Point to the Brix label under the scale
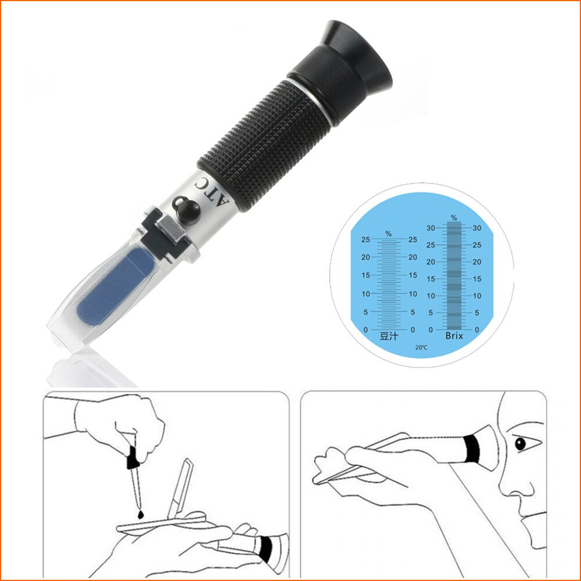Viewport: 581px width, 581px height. pyautogui.click(x=454, y=336)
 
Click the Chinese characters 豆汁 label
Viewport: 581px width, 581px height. pyautogui.click(x=388, y=336)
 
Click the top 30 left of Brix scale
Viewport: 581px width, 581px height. pyautogui.click(x=431, y=228)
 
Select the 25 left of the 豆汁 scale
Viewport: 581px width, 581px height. pyautogui.click(x=365, y=239)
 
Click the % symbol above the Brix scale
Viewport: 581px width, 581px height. pyautogui.click(x=454, y=218)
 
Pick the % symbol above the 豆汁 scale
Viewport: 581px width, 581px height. pyautogui.click(x=388, y=234)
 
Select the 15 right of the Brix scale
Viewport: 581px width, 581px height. pyautogui.click(x=476, y=279)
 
